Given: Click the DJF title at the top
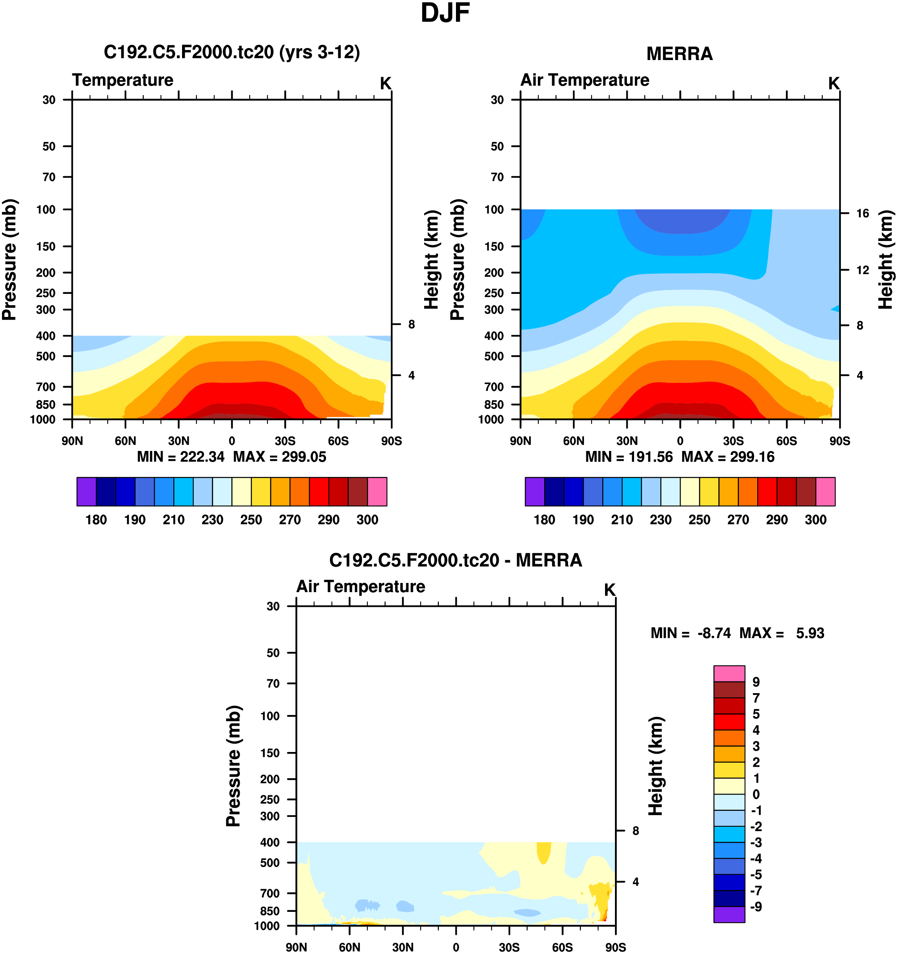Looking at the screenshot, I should [x=445, y=14].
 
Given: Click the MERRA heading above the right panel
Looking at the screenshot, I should [x=679, y=54].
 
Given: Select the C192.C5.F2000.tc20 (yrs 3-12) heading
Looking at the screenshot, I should [x=232, y=52].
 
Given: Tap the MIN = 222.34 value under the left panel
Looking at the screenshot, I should [x=180, y=457].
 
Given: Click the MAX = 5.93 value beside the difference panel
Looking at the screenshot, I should [x=782, y=633].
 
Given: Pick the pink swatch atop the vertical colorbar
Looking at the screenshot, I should [x=729, y=673].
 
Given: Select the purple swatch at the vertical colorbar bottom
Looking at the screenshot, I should [x=729, y=914].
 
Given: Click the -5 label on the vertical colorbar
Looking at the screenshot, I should [x=756, y=874].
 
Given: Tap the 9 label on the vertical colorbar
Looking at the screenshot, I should [x=756, y=682].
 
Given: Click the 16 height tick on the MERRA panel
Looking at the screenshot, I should [x=863, y=214].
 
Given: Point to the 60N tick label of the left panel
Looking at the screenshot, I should [x=125, y=441].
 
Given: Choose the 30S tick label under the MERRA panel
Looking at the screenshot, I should [x=733, y=441].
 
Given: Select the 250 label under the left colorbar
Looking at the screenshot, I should [x=251, y=520].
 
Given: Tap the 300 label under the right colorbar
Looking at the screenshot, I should [x=815, y=520].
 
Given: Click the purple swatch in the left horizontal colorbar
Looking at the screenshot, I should [x=86, y=492].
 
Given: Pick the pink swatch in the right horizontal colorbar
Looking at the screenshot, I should [x=825, y=492].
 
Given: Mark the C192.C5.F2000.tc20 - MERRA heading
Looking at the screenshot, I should [x=455, y=560].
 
